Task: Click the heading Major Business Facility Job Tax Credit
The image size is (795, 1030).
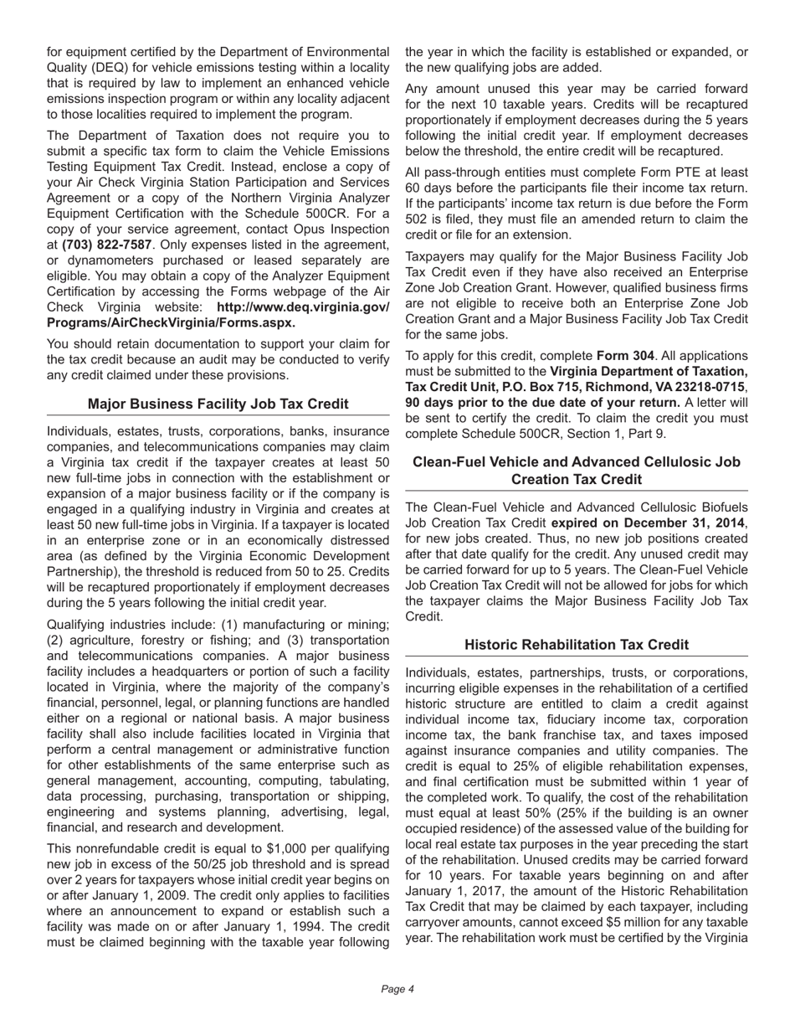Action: pos(218,404)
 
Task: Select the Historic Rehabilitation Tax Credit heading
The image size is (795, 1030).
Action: pos(577,645)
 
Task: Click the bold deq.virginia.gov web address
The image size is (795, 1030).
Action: pos(218,315)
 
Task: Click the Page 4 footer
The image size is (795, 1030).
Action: pos(397,989)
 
